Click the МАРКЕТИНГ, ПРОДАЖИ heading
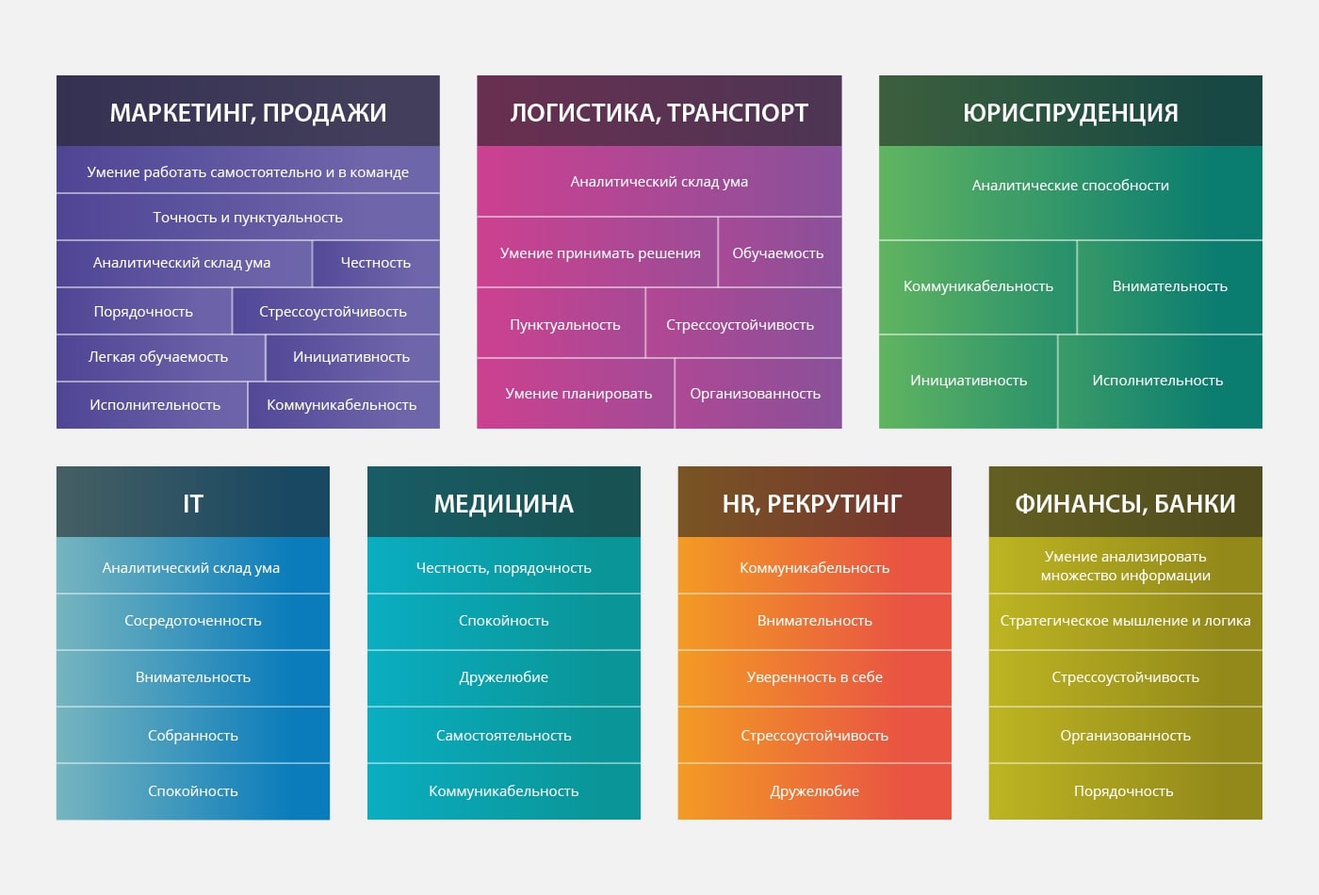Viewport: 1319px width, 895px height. [248, 113]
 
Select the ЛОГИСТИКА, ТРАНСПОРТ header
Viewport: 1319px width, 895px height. [659, 113]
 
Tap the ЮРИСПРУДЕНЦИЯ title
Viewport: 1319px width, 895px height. [1070, 113]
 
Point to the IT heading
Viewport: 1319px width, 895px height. [192, 504]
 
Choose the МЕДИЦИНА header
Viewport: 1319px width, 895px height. [503, 505]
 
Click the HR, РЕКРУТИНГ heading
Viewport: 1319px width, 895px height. [812, 505]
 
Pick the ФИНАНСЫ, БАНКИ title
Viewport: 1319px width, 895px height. [1125, 505]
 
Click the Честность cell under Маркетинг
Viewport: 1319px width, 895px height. [376, 263]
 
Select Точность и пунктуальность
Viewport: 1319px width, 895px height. [248, 218]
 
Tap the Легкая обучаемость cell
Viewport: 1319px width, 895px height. [158, 357]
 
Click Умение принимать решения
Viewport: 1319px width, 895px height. [600, 253]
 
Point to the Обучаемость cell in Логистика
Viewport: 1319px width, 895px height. [778, 253]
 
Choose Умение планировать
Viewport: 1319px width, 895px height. [578, 394]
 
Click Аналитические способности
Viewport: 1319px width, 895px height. [1070, 186]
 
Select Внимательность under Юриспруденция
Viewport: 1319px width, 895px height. [1169, 286]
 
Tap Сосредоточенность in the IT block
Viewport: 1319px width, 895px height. [192, 621]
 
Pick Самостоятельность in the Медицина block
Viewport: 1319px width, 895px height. [503, 736]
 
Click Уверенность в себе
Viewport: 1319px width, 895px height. [814, 677]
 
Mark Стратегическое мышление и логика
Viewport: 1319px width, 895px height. [1125, 621]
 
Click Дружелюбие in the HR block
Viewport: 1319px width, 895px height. [814, 791]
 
